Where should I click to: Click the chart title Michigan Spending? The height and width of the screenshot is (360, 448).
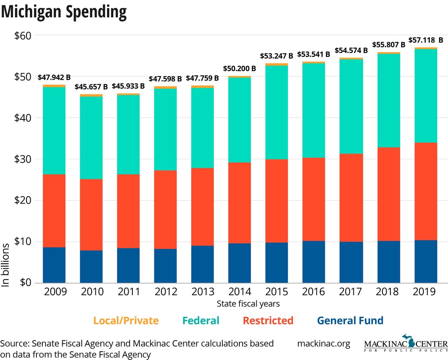(x=64, y=12)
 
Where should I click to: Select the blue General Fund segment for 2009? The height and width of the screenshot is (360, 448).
(x=54, y=265)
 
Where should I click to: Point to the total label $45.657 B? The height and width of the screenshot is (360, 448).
(x=91, y=87)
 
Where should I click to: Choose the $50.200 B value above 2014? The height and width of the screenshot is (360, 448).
(x=240, y=68)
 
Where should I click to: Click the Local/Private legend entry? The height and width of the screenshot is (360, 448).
(x=126, y=321)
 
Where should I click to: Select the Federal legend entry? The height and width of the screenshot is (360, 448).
(x=200, y=321)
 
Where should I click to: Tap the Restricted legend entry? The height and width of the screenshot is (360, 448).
(x=268, y=321)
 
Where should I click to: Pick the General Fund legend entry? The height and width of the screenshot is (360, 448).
(x=350, y=321)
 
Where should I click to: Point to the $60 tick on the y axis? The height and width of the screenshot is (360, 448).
(x=23, y=36)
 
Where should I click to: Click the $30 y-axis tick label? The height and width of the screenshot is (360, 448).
(x=23, y=159)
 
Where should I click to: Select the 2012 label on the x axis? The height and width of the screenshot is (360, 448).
(x=166, y=292)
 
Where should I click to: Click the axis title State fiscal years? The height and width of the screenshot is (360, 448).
(x=248, y=304)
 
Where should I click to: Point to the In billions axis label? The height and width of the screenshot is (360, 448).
(x=6, y=265)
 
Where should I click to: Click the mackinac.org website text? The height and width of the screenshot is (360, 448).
(x=324, y=344)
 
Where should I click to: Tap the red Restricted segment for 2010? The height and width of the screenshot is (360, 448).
(x=91, y=215)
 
